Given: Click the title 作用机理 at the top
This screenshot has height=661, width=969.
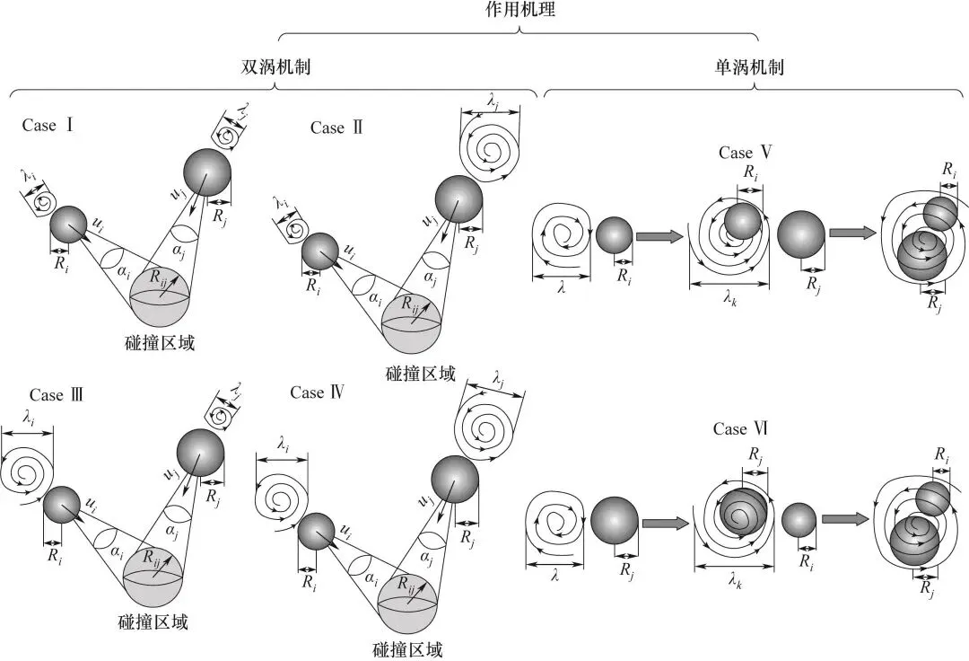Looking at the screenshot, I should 519,11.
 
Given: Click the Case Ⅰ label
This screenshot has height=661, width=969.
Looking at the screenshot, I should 47,125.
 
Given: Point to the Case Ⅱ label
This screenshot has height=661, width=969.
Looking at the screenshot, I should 336,128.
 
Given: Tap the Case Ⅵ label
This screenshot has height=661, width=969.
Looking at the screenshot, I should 742,429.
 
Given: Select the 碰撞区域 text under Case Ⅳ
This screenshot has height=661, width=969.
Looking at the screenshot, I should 407,649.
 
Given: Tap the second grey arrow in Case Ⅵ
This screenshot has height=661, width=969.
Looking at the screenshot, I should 845,518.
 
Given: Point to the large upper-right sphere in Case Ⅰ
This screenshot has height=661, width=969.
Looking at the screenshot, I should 207,171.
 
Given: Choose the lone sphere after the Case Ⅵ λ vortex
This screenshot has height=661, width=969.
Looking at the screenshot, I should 615,521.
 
